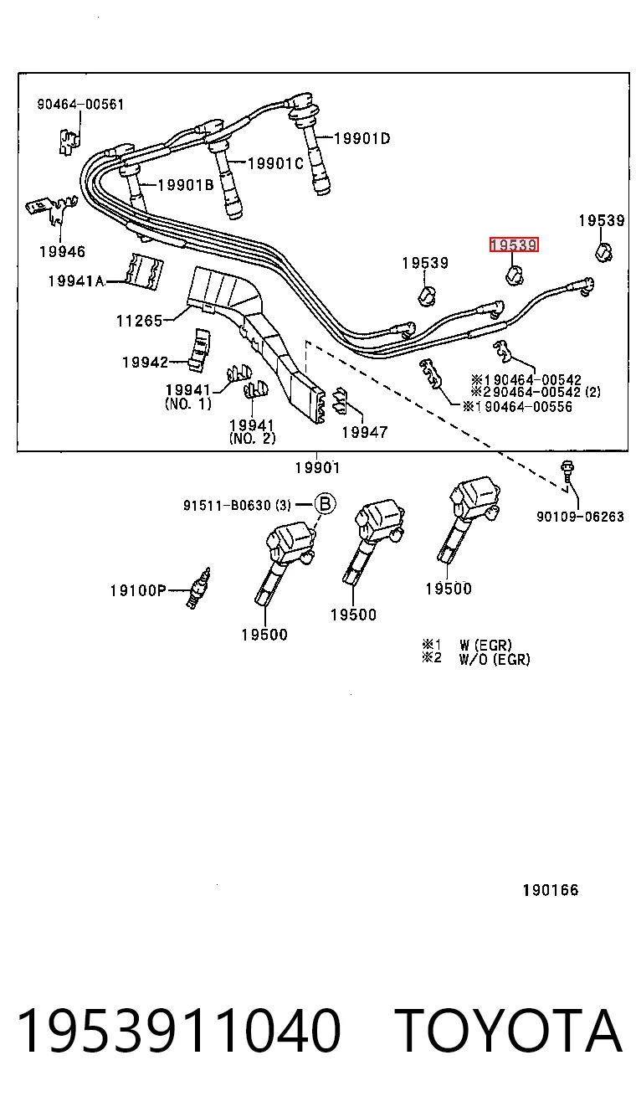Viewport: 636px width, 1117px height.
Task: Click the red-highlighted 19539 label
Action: coord(513,245)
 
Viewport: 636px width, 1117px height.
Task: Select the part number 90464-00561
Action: coord(80,104)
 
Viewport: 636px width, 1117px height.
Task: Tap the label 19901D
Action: coord(362,138)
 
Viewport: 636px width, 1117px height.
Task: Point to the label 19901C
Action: coord(275,163)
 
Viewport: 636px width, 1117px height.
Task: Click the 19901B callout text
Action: coord(186,185)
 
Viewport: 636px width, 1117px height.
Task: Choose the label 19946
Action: coord(62,251)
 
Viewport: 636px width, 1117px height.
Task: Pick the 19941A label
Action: coord(76,281)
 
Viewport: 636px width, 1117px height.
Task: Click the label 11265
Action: coord(140,320)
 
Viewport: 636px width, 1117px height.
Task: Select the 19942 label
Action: coord(146,362)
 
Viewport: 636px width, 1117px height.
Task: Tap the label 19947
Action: coord(365,432)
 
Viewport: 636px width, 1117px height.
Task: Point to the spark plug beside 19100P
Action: coord(197,588)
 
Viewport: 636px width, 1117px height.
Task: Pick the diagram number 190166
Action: coord(551,889)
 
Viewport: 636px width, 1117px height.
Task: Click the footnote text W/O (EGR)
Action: coord(495,660)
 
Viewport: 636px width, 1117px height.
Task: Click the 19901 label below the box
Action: coord(317,468)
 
